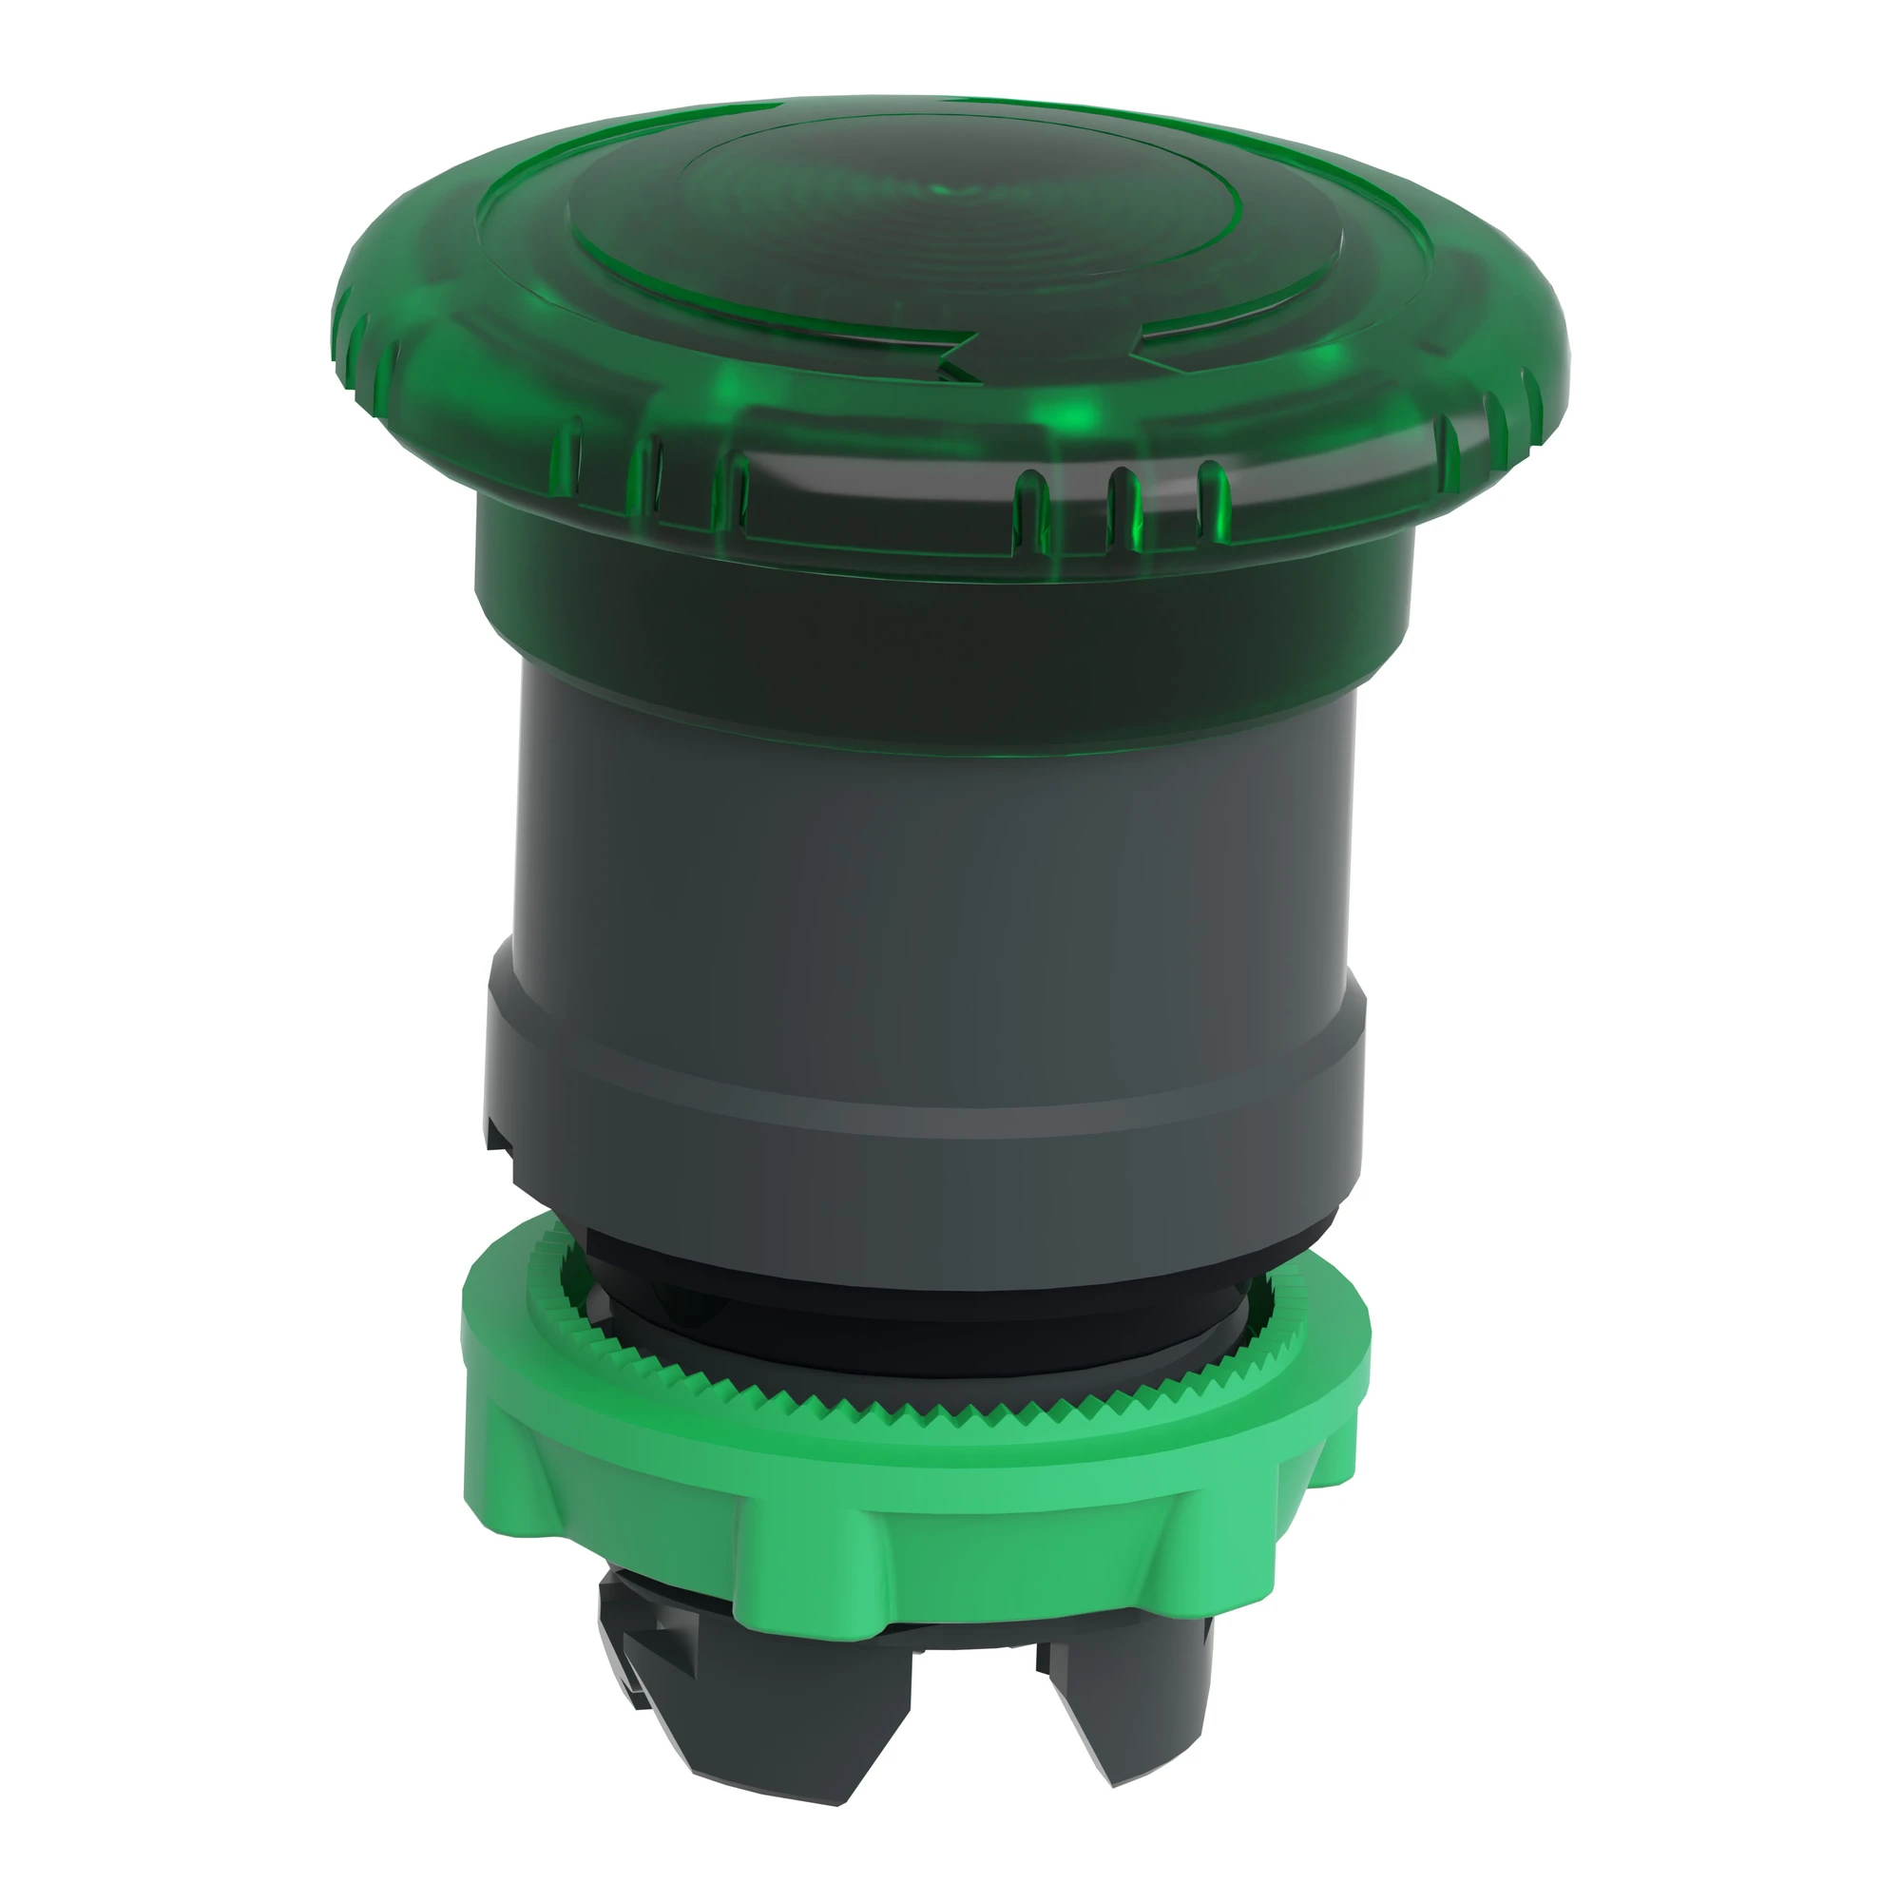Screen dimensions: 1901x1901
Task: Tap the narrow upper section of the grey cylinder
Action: point(934,836)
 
